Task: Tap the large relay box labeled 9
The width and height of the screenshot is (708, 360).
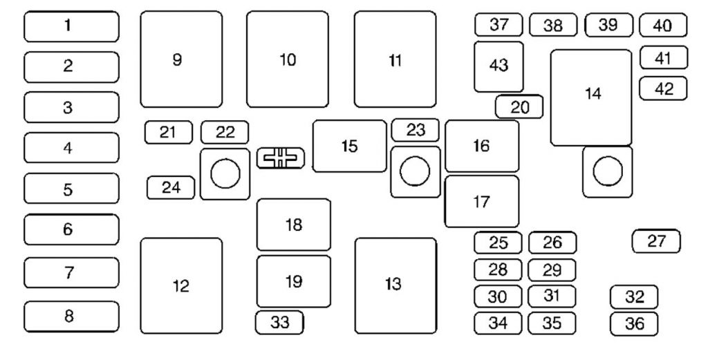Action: [x=181, y=59]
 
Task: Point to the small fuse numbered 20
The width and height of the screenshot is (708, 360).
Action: [x=519, y=106]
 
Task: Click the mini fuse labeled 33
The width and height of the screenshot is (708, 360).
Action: [x=279, y=322]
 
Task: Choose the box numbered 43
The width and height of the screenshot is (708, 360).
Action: [x=499, y=66]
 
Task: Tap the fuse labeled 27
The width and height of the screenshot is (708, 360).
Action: [x=656, y=241]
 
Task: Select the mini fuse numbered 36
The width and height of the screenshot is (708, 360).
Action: [x=634, y=323]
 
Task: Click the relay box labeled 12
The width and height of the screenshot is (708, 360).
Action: [x=181, y=286]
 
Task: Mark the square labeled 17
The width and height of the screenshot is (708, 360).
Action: [x=481, y=202]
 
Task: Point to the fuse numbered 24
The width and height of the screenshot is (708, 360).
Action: [x=171, y=187]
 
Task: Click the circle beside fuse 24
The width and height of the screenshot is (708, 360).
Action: [x=225, y=174]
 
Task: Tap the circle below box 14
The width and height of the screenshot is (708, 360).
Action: [x=608, y=171]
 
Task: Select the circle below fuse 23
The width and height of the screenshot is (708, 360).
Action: [x=415, y=172]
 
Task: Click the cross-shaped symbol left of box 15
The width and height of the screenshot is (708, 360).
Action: [x=280, y=158]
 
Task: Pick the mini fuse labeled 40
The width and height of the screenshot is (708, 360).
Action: [x=662, y=26]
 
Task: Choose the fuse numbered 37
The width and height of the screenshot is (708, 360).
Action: [x=499, y=25]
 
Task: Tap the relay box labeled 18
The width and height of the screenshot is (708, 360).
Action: [x=294, y=225]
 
